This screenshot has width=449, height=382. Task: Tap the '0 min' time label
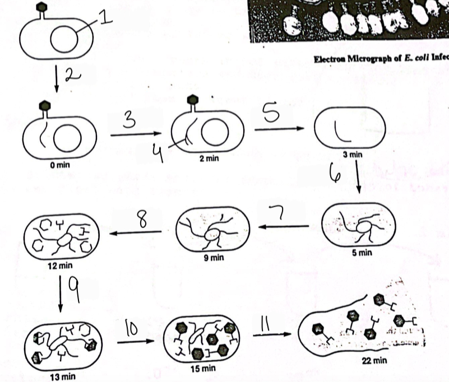(59, 166)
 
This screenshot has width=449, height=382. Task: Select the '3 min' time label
(349, 154)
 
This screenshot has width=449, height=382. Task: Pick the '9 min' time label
(211, 258)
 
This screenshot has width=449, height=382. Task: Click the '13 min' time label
(62, 376)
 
